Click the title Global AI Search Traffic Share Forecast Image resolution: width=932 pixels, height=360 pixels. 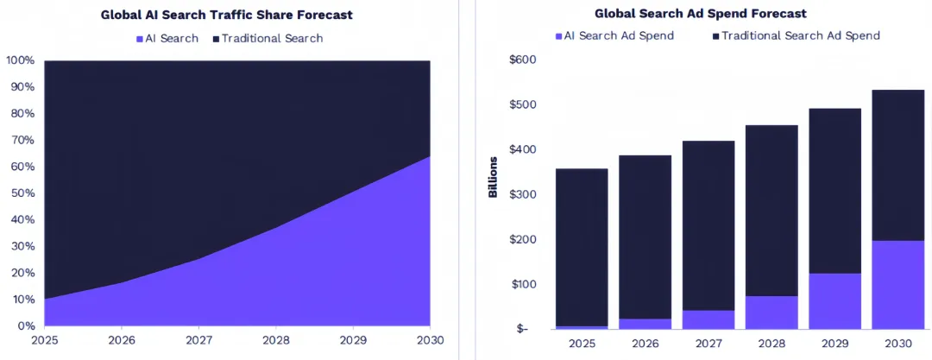pyautogui.click(x=227, y=16)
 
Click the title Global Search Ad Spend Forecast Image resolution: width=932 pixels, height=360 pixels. pyautogui.click(x=700, y=14)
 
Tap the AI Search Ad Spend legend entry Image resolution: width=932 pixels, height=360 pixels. pyautogui.click(x=614, y=35)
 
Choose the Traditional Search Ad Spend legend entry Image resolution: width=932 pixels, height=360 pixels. pyautogui.click(x=796, y=35)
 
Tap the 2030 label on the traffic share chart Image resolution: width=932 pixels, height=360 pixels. pyautogui.click(x=430, y=340)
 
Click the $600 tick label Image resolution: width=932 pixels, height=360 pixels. pyautogui.click(x=523, y=60)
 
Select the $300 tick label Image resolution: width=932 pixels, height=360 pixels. pyautogui.click(x=523, y=194)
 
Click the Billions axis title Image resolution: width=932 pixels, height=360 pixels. pyautogui.click(x=493, y=177)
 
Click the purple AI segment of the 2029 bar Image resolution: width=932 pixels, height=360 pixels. pyautogui.click(x=835, y=301)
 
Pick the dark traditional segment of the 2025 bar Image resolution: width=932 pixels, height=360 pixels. pyautogui.click(x=582, y=247)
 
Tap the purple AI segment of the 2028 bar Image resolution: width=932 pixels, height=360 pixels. pyautogui.click(x=771, y=313)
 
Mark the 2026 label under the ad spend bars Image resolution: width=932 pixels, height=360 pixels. pyautogui.click(x=645, y=344)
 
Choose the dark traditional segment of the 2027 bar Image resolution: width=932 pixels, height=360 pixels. pyautogui.click(x=708, y=225)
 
